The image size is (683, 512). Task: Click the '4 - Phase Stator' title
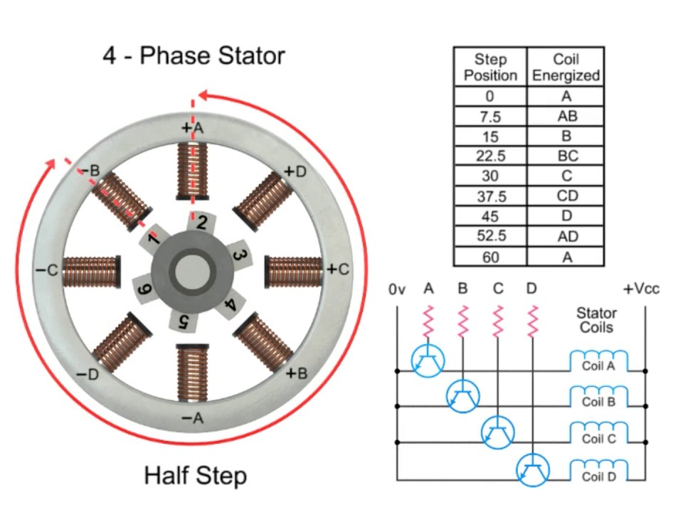194,55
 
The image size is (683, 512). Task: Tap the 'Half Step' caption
195,474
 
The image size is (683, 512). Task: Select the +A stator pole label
192,128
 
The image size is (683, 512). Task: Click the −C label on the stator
46,270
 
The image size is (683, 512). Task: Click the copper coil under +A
191,171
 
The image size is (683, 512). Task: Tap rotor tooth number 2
201,223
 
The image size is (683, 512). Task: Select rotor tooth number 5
183,320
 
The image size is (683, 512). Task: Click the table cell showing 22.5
490,156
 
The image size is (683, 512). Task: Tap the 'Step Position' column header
490,67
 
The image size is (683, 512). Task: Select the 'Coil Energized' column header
566,67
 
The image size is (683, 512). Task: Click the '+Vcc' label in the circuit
642,289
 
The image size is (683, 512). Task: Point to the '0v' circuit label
396,289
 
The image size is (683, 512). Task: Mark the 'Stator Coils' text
596,320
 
